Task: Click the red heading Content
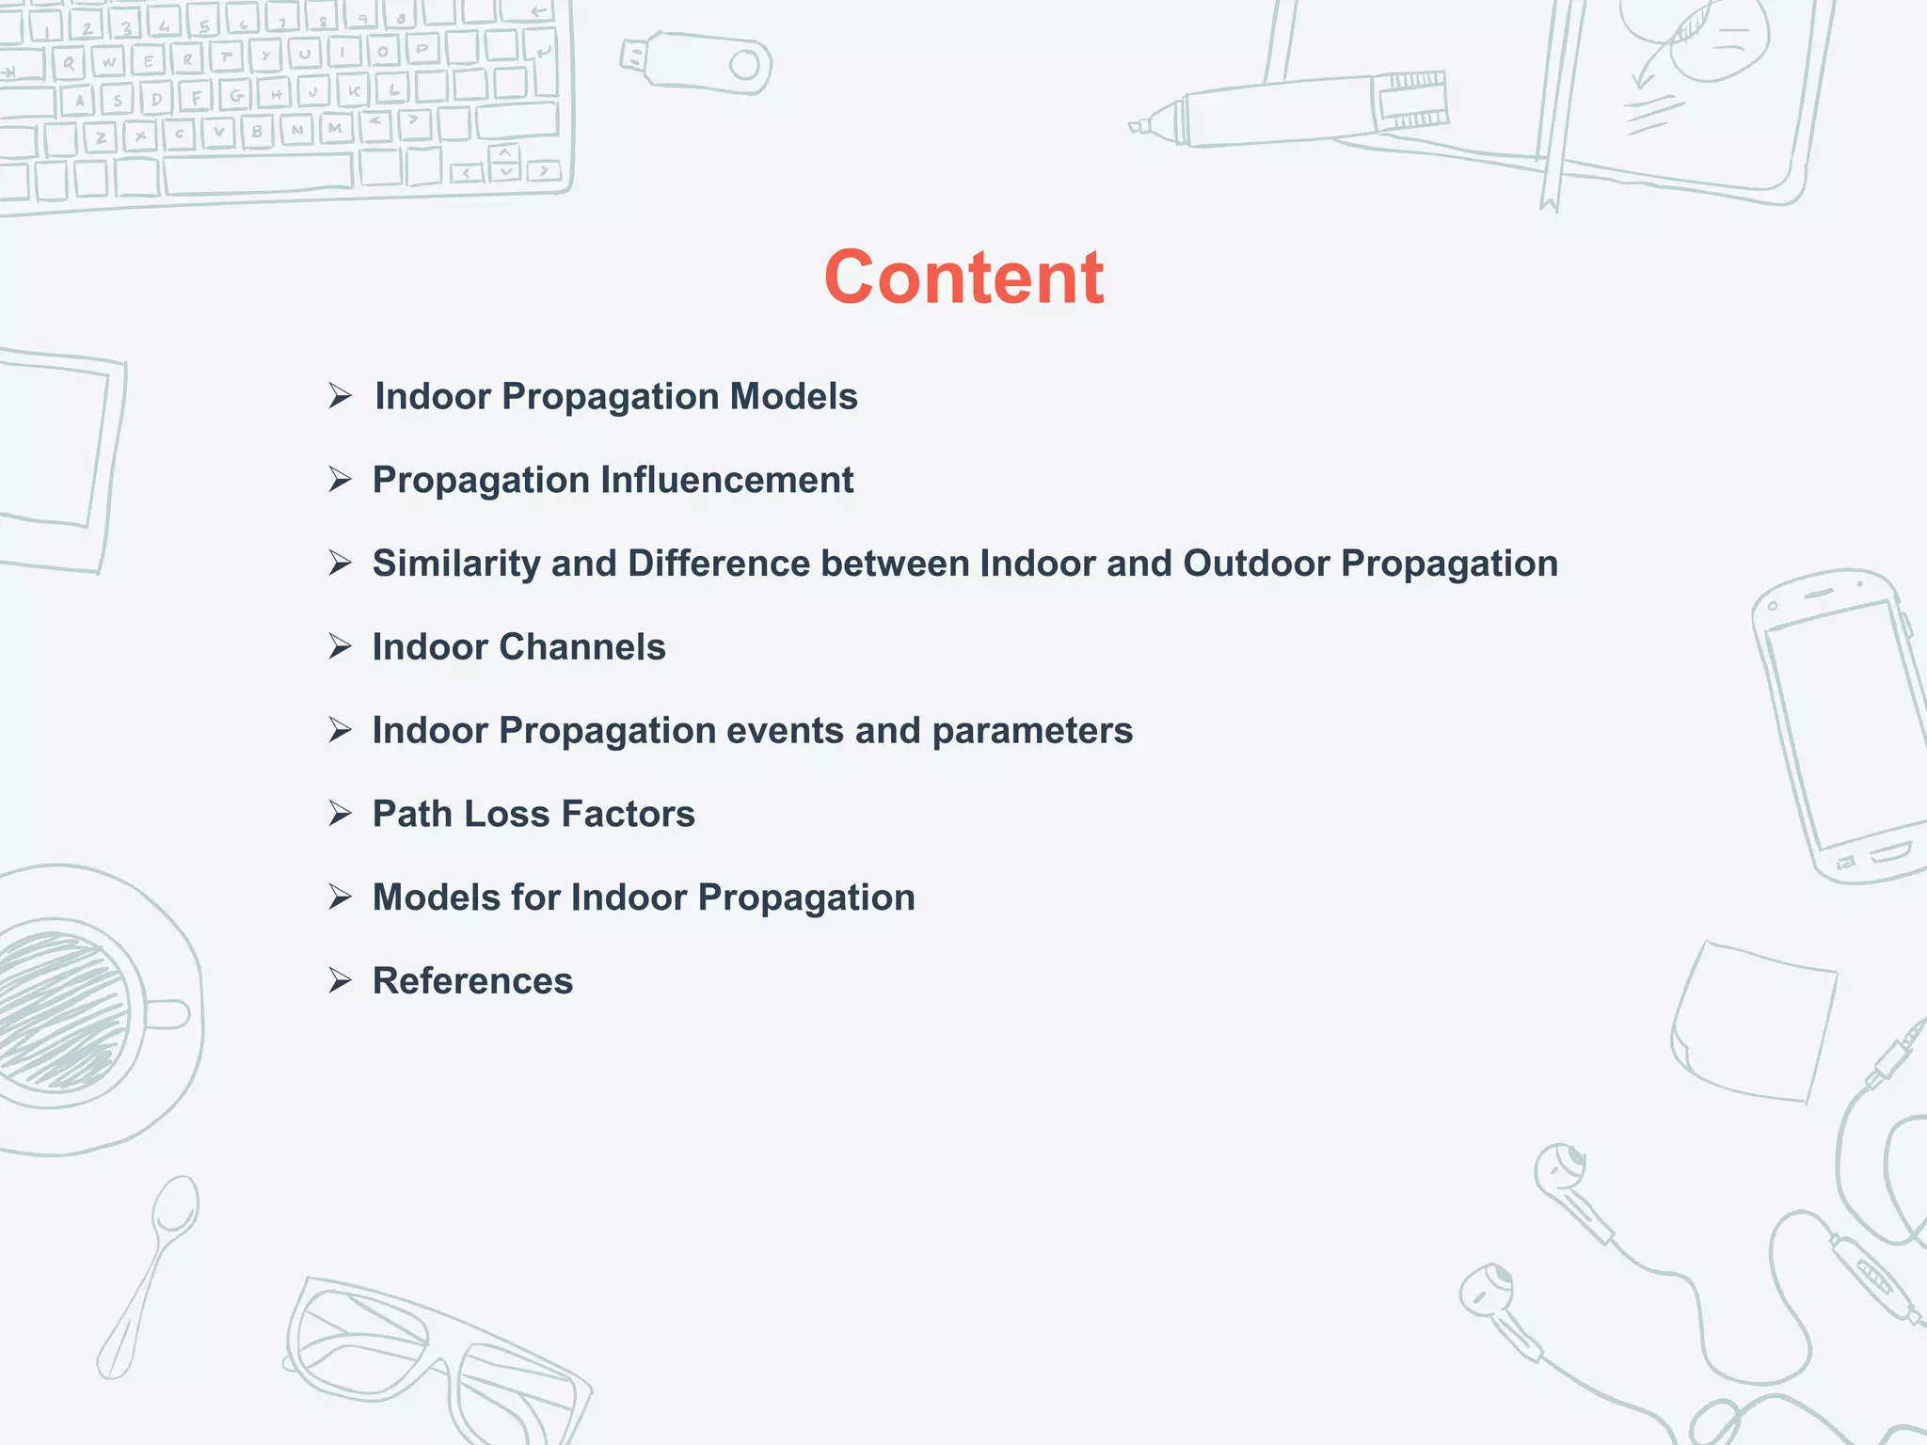pyautogui.click(x=963, y=278)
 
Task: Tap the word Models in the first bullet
pyautogui.click(x=794, y=396)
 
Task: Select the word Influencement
pyautogui.click(x=726, y=480)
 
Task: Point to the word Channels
pyautogui.click(x=581, y=647)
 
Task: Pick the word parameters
pyautogui.click(x=1032, y=731)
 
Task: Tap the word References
pyautogui.click(x=472, y=981)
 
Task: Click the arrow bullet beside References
pyautogui.click(x=340, y=981)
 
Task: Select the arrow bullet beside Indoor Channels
pyautogui.click(x=340, y=647)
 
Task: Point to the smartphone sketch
pyautogui.click(x=1835, y=724)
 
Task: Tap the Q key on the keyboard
pyautogui.click(x=68, y=64)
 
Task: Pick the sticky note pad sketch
pyautogui.click(x=1755, y=1021)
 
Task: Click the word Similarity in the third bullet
pyautogui.click(x=455, y=564)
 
